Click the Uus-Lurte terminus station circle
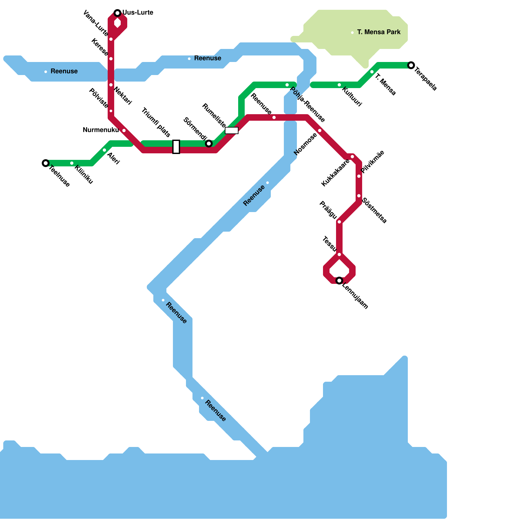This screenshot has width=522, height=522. [x=117, y=13]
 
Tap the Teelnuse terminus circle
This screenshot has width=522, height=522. [x=46, y=163]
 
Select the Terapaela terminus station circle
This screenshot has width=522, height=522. [x=411, y=65]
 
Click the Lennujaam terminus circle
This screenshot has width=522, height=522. [x=339, y=281]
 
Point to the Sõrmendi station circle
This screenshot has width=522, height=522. [x=209, y=144]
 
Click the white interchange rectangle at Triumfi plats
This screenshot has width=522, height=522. [x=176, y=147]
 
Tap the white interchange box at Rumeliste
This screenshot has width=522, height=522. [x=232, y=130]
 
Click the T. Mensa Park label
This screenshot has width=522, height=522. [x=379, y=32]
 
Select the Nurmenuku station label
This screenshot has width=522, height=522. [x=101, y=130]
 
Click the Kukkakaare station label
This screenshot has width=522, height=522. [x=335, y=173]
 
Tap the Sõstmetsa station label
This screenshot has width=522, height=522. [x=375, y=210]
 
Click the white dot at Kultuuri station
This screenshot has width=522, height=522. [x=339, y=85]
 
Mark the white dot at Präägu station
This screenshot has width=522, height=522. [x=339, y=222]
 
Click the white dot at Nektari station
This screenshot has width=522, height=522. [x=111, y=85]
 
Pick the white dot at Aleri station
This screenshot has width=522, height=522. [x=104, y=150]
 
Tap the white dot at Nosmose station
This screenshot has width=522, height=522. [x=320, y=130]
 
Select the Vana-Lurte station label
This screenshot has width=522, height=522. [x=96, y=23]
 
